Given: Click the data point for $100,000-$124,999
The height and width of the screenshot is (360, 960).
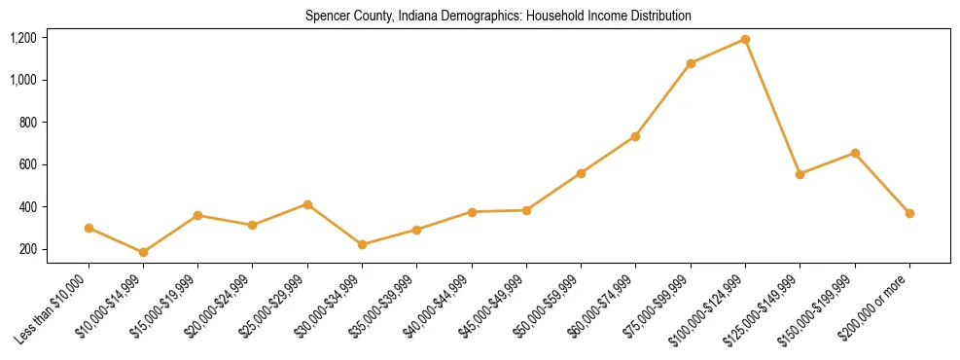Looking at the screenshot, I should pos(745,39).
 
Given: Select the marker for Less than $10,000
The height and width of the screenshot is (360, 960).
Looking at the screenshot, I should pos(89,228).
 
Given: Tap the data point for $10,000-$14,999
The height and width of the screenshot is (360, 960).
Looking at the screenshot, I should pos(143,252).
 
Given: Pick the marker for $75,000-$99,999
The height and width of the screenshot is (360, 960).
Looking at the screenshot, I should pos(691,63).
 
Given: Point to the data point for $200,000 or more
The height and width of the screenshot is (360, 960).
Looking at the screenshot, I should pos(909,213).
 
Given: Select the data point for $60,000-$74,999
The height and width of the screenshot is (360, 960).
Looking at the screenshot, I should pos(635,136).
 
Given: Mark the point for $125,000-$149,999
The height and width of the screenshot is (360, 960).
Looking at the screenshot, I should pos(800,174).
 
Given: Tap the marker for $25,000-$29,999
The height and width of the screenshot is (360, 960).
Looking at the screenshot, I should pos(307,204).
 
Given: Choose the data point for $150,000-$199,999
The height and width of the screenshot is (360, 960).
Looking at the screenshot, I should pos(855,153).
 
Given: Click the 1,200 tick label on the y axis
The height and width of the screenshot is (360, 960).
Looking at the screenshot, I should pos(23,38).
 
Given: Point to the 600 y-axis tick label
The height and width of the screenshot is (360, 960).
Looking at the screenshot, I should pos(27,164).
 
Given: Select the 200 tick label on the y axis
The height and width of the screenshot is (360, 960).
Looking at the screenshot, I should pos(27,249).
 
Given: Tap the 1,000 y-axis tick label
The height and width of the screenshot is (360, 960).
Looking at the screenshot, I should pos(23,80).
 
